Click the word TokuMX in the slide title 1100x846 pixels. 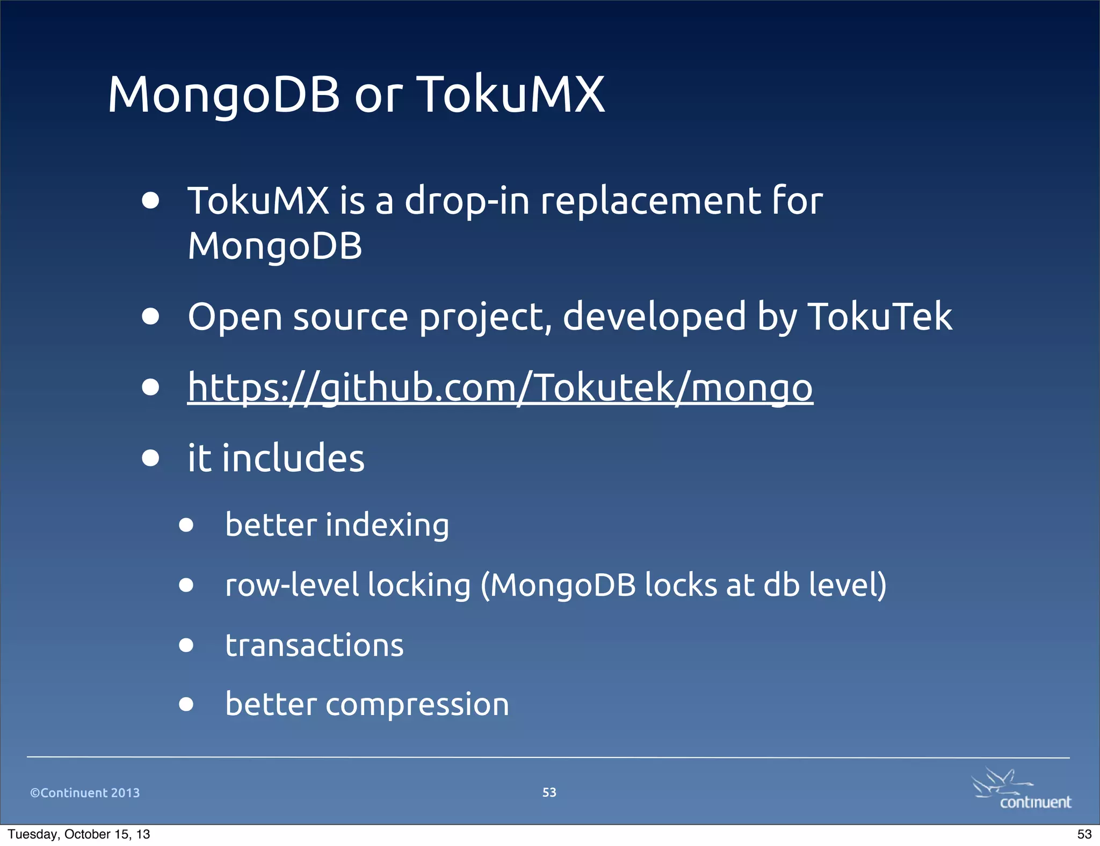510,95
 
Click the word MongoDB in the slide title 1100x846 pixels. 223,95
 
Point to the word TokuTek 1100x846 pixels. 880,317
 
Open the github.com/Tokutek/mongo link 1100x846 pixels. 500,388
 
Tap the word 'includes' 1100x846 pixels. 293,459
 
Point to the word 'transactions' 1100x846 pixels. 314,645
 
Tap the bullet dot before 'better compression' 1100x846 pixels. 186,704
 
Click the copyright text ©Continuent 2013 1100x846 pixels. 85,793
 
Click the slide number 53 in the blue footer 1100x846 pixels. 549,792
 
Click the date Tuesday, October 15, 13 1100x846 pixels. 79,834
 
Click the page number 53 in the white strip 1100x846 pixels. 1084,834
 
